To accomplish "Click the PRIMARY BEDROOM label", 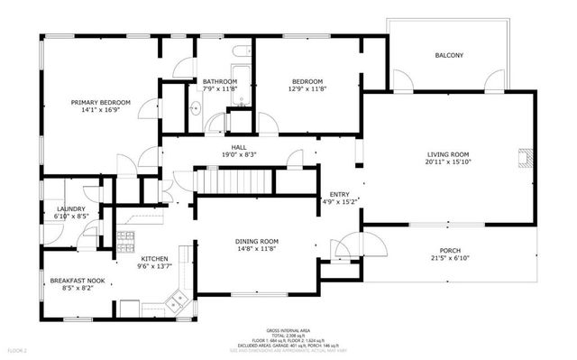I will click(x=101, y=103).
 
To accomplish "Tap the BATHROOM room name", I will click(x=219, y=80).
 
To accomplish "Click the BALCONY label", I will click(x=449, y=56).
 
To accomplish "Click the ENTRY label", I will click(x=339, y=194).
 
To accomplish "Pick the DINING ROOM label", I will click(x=257, y=241).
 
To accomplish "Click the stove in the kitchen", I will click(x=126, y=241).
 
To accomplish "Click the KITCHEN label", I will click(x=154, y=258).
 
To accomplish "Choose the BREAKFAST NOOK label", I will click(x=77, y=281).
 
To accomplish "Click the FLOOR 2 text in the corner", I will click(x=18, y=348).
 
